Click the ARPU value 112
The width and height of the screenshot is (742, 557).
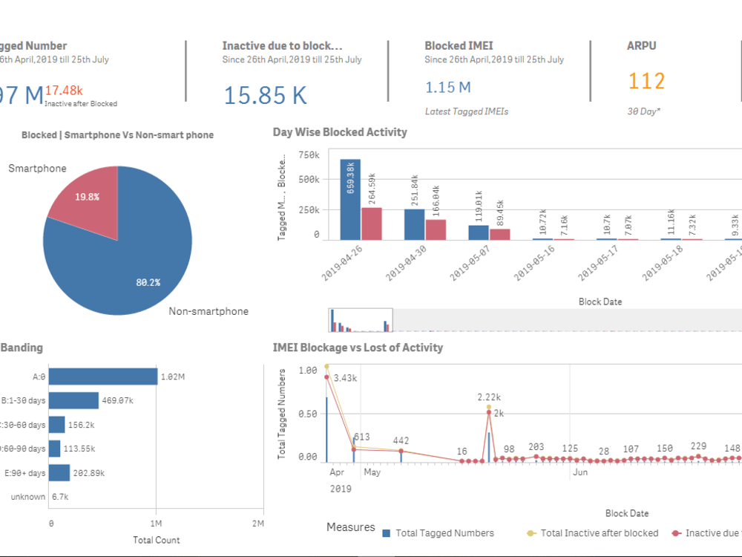coord(646,81)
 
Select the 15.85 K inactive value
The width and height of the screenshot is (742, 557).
coord(265,95)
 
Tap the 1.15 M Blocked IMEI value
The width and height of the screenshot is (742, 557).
coord(447,88)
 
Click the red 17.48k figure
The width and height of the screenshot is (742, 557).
coord(64,91)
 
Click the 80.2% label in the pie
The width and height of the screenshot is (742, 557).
coord(148,283)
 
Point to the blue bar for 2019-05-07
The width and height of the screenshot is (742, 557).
coord(479,232)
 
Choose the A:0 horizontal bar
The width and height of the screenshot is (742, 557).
coord(103,377)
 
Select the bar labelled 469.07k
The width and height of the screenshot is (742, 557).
coord(73,400)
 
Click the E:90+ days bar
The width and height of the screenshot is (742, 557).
coord(59,472)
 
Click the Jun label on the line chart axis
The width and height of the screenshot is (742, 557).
coord(580,472)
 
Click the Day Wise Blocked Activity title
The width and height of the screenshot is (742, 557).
coord(340,132)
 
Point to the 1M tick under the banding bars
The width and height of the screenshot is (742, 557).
coord(156,524)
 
